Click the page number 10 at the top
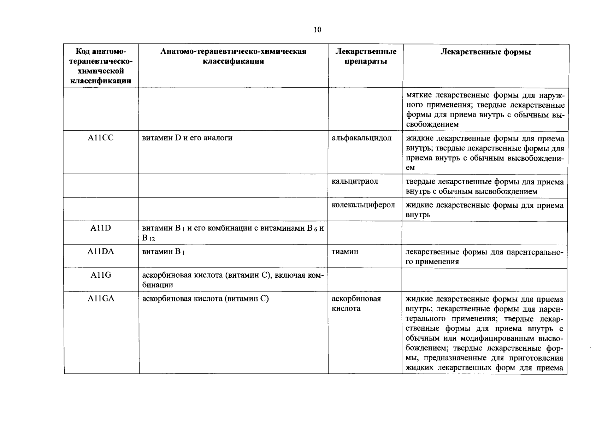pyautogui.click(x=317, y=30)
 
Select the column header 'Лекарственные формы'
pyautogui.click(x=485, y=52)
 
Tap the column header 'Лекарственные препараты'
pyautogui.click(x=365, y=57)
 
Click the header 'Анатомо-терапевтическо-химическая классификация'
pyautogui.click(x=233, y=57)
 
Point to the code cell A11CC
pyautogui.click(x=101, y=138)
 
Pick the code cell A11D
pyautogui.click(x=101, y=228)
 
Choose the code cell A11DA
pyautogui.click(x=101, y=252)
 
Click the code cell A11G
pyautogui.click(x=101, y=275)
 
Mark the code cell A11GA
pyautogui.click(x=101, y=299)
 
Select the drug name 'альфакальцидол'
pyautogui.click(x=361, y=138)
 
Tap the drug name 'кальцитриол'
pyautogui.click(x=355, y=182)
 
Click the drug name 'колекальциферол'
pyautogui.click(x=363, y=205)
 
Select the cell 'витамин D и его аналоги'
pyautogui.click(x=187, y=138)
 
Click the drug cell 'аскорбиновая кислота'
pyautogui.click(x=356, y=304)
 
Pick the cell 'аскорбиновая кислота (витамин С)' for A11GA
pyautogui.click(x=205, y=299)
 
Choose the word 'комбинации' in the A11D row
pyautogui.click(x=222, y=229)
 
